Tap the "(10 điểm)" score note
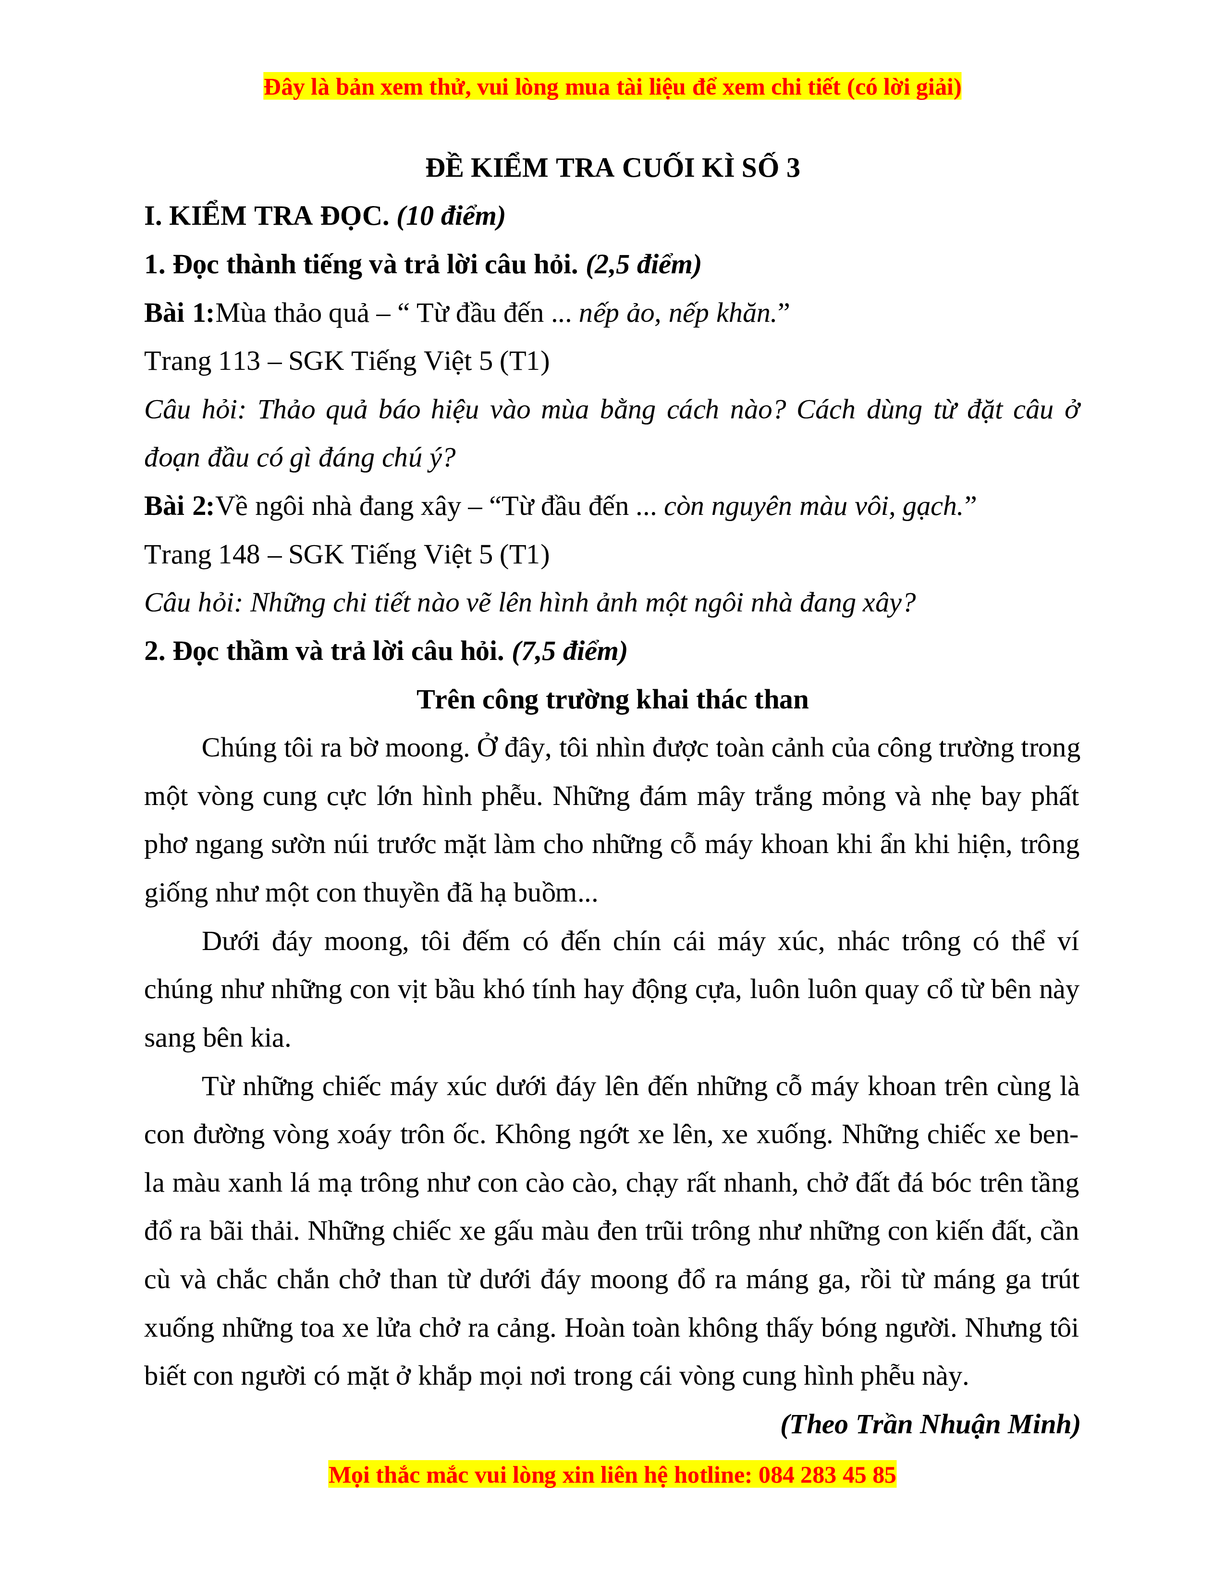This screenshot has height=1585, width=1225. click(x=451, y=216)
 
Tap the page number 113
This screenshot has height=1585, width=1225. click(x=238, y=361)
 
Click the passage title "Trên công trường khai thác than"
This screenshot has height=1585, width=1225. click(x=612, y=700)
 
